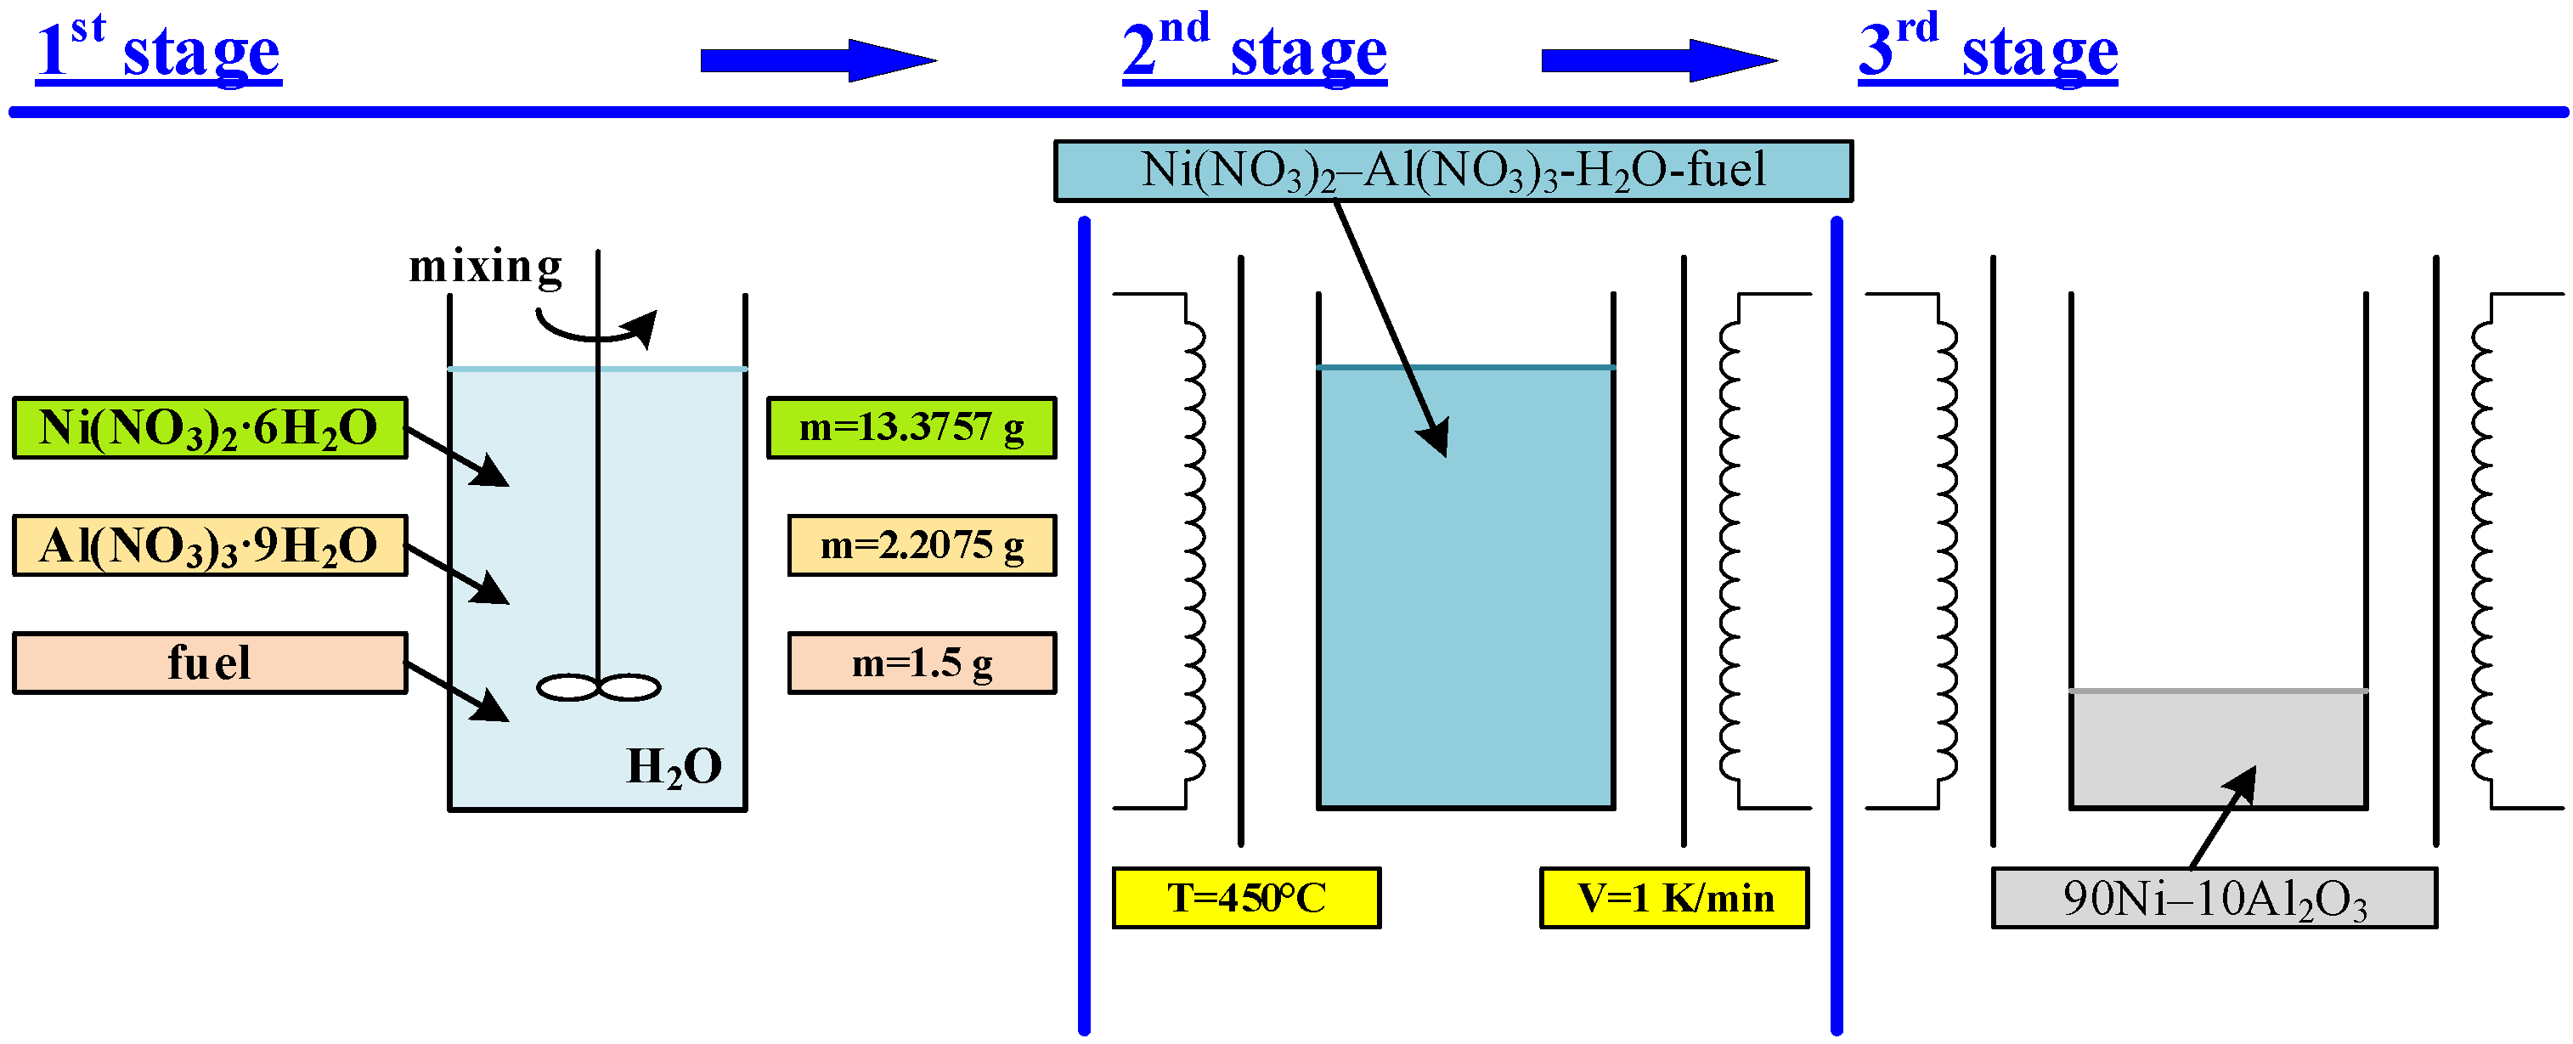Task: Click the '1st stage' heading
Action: point(158,50)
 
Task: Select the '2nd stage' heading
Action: point(1254,50)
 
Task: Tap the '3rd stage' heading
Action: point(1987,50)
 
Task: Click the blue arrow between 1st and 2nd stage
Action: point(817,61)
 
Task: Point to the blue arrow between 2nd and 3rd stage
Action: point(1658,61)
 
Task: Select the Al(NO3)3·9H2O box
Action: point(210,545)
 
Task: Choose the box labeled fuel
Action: point(210,663)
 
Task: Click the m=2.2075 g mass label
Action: point(921,545)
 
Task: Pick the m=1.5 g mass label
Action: point(921,663)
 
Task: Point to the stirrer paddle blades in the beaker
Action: point(598,687)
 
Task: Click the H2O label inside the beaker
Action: point(674,767)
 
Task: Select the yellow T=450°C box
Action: point(1245,898)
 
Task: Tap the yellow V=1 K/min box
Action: point(1674,898)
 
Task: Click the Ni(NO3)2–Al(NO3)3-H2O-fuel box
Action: point(1453,171)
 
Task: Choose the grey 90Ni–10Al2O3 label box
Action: point(2214,898)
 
